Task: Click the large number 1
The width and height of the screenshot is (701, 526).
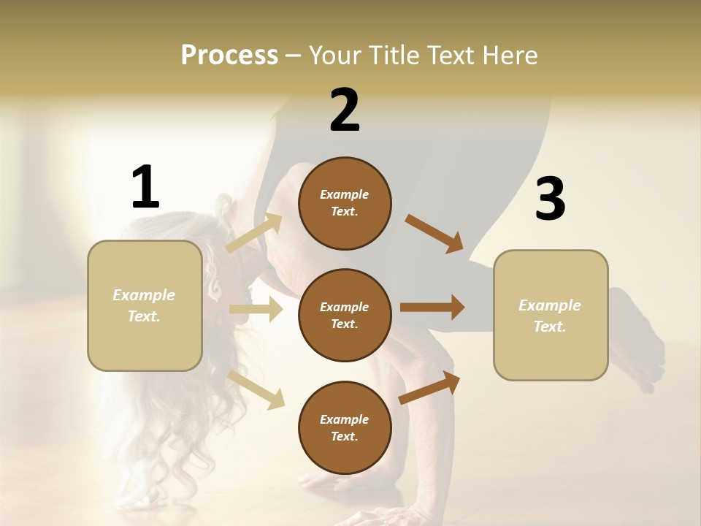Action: click(x=145, y=187)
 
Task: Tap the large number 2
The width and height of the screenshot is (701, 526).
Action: click(x=345, y=110)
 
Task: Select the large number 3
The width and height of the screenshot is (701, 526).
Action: click(x=550, y=199)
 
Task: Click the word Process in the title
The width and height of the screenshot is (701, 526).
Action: click(x=229, y=56)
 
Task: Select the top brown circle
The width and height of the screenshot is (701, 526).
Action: click(x=345, y=203)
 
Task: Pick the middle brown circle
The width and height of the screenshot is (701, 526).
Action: click(x=345, y=315)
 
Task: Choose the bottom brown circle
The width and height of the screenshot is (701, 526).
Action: click(x=345, y=427)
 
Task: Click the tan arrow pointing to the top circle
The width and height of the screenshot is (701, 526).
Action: click(x=253, y=233)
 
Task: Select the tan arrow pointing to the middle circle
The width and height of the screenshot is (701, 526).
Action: click(x=256, y=309)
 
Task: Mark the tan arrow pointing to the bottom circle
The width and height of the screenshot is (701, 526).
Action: click(x=256, y=389)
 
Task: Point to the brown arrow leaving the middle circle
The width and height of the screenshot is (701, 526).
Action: click(x=432, y=307)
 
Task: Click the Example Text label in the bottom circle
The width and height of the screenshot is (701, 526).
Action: click(x=345, y=427)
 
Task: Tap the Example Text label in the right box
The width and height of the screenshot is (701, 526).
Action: click(x=550, y=316)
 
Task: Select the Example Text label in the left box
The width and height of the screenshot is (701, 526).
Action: click(x=144, y=305)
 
